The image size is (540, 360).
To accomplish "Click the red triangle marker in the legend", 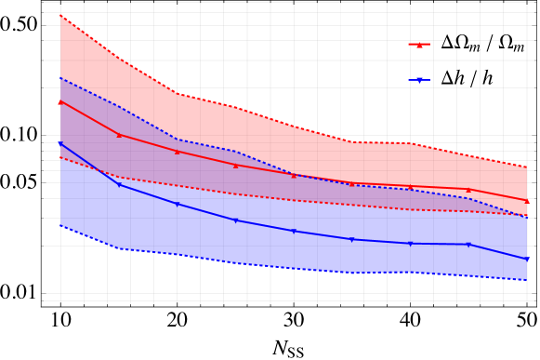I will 419,45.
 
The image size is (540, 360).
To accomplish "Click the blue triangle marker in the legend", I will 419,80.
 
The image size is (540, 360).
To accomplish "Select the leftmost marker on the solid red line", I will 60,102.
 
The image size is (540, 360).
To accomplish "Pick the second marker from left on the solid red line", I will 119,135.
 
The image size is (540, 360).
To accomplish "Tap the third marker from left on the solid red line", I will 178,152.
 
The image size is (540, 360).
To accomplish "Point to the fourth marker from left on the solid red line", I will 236,166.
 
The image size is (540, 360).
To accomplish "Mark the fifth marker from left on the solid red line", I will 294,175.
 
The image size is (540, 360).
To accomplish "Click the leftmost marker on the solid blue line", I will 60,143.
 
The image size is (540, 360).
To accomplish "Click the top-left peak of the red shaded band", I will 60,15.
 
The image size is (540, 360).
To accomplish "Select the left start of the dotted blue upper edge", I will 60,77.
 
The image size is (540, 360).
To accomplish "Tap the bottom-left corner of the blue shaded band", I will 60,226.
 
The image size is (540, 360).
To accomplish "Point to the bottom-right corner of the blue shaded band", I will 527,280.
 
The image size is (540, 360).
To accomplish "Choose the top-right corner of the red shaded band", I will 527,166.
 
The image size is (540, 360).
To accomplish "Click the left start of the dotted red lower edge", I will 60,157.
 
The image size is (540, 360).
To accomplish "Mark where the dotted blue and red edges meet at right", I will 526,216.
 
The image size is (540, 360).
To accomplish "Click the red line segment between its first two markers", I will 89,119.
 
